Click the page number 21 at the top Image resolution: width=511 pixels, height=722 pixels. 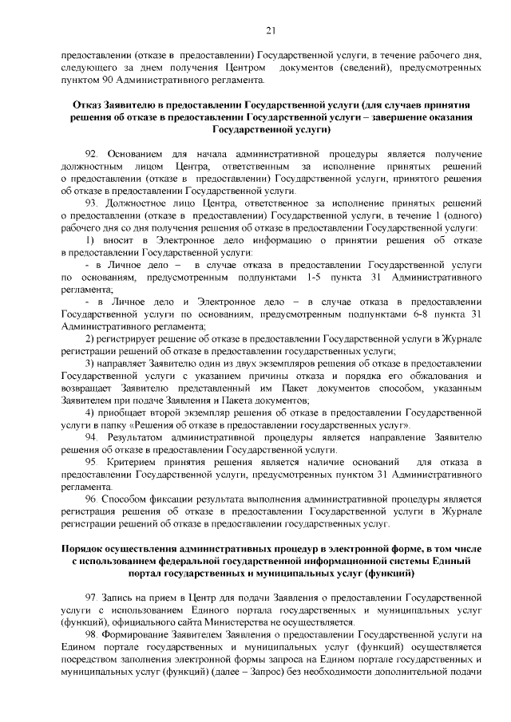pos(271,31)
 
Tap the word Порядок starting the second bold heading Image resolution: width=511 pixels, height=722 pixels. pos(86,548)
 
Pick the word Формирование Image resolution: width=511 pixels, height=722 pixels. pos(141,635)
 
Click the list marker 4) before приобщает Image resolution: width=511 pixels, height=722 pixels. pos(90,412)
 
